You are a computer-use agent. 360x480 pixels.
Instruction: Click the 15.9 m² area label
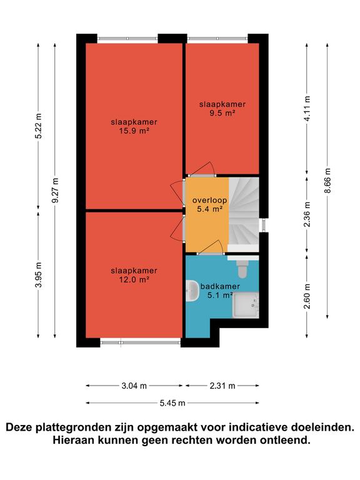pyautogui.click(x=134, y=131)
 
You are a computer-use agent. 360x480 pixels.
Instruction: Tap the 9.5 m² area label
pyautogui.click(x=222, y=113)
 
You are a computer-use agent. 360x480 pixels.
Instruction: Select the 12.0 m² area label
pyautogui.click(x=134, y=280)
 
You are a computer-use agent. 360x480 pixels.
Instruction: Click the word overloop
pyautogui.click(x=210, y=201)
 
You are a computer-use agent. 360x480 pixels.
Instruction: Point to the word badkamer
pyautogui.click(x=220, y=286)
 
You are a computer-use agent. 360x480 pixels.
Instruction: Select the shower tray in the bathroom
pyautogui.click(x=246, y=305)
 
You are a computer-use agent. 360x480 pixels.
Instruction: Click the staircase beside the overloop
pyautogui.click(x=244, y=214)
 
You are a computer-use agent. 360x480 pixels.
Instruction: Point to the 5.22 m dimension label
pyautogui.click(x=38, y=126)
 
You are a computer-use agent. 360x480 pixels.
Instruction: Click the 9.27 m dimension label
pyautogui.click(x=56, y=190)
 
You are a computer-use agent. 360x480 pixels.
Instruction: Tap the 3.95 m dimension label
pyautogui.click(x=38, y=274)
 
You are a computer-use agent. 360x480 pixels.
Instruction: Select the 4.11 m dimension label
pyautogui.click(x=307, y=108)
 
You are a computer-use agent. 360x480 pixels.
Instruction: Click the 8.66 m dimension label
pyautogui.click(x=327, y=180)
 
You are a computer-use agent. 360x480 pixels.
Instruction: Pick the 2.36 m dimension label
pyautogui.click(x=307, y=214)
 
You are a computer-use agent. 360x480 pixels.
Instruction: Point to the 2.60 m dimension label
pyautogui.click(x=307, y=296)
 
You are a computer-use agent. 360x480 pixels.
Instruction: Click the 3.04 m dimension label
pyautogui.click(x=134, y=386)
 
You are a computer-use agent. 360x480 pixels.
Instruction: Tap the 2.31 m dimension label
pyautogui.click(x=222, y=386)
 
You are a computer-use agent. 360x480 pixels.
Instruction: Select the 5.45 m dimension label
pyautogui.click(x=172, y=403)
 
